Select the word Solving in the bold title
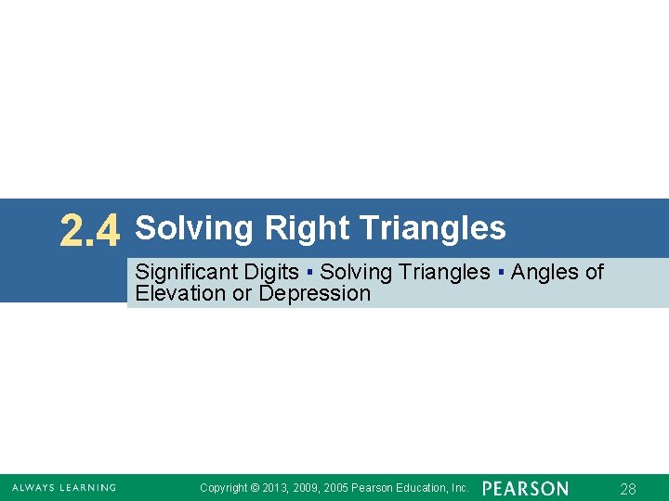195,228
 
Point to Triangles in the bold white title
431,227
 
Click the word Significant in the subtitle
186,272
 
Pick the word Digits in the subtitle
270,272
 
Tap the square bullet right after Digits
308,273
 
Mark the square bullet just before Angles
501,273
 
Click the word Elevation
179,294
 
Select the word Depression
315,294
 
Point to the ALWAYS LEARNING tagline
64,488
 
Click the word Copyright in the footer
224,488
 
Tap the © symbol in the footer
256,488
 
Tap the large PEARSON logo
525,488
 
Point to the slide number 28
628,489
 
